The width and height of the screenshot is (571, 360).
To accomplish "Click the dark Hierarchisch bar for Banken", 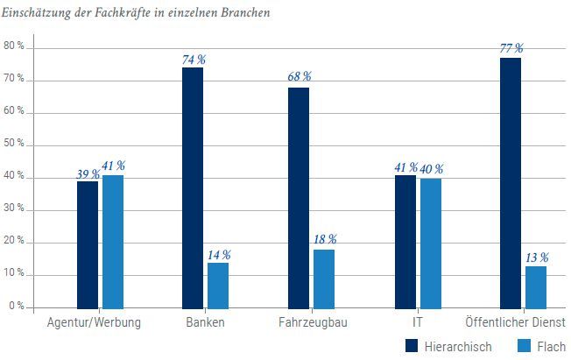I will click(193, 187).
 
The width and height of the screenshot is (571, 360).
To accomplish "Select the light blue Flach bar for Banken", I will click(218, 285).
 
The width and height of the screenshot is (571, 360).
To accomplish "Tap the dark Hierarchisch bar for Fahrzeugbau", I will click(299, 197).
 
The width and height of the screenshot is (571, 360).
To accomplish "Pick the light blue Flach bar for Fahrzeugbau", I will click(324, 279).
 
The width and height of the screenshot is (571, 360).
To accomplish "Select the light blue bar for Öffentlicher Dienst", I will click(536, 286).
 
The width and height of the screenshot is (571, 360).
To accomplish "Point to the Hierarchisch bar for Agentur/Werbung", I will click(88, 244).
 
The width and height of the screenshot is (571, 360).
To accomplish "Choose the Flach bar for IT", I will click(431, 243).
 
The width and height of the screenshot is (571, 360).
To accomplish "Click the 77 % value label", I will click(511, 48).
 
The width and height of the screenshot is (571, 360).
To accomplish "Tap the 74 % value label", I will click(193, 60).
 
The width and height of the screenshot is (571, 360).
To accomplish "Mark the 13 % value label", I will click(536, 257).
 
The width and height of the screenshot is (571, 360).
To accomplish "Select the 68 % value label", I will click(299, 77).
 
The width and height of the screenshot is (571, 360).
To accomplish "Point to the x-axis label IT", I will click(418, 322).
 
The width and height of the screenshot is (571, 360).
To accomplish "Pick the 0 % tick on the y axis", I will click(17, 306).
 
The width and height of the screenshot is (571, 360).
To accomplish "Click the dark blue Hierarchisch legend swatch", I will click(412, 346).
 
